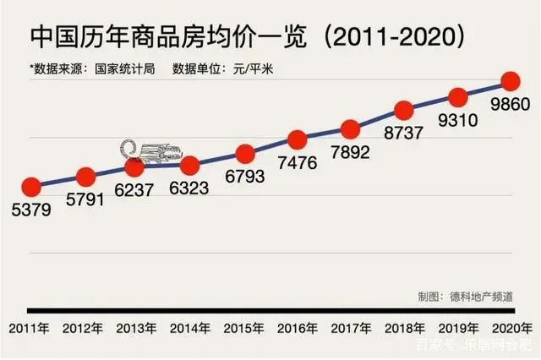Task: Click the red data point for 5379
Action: click(31, 188)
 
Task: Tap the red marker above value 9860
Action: click(510, 81)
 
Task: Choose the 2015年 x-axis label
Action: click(245, 327)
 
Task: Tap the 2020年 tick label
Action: click(514, 327)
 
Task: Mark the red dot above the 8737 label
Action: click(404, 110)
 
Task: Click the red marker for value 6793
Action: click(245, 154)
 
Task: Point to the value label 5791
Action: click(85, 202)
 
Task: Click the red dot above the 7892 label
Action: click(351, 129)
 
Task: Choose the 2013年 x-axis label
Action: click(136, 327)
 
